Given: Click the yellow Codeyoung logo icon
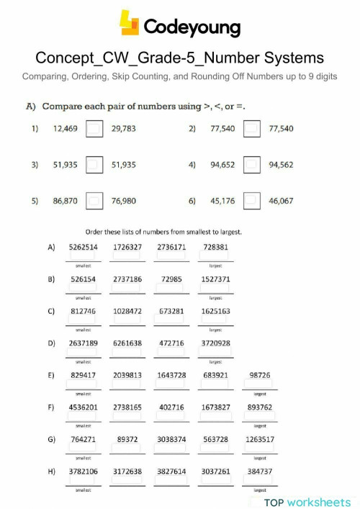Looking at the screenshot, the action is tap(130, 24).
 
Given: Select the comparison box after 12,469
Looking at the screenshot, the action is tap(94, 130).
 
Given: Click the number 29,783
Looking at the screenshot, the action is tap(124, 130).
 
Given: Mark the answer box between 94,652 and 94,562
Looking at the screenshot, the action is tap(251, 165).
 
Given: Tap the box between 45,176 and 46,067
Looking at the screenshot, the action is tap(251, 201).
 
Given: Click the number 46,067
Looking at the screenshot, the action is tap(281, 201).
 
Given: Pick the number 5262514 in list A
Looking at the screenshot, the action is tap(83, 247).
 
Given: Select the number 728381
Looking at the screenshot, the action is tap(216, 247).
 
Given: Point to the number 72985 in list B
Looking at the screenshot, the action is tap(172, 279).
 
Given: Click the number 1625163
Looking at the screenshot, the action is tap(216, 311).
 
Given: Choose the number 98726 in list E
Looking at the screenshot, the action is tap(260, 375).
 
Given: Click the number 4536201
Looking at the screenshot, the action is tap(83, 407).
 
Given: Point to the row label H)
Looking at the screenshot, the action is tap(51, 471).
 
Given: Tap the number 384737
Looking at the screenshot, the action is tap(260, 471).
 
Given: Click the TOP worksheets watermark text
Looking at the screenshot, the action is tap(307, 502).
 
